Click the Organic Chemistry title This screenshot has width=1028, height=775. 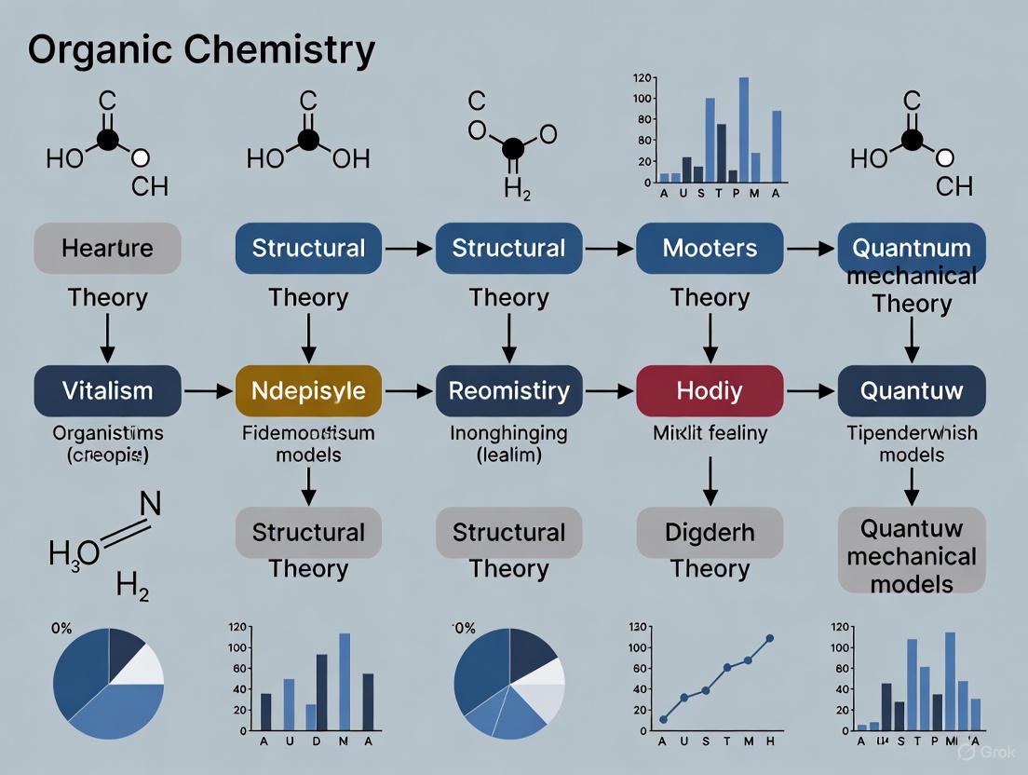tap(201, 49)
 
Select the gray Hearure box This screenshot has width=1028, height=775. tap(107, 248)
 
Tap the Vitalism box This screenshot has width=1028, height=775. tap(107, 390)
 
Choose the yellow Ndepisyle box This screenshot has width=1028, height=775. tap(308, 390)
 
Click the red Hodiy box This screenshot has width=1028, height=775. tap(710, 390)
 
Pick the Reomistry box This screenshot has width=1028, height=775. tap(508, 390)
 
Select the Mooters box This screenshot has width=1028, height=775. tap(710, 248)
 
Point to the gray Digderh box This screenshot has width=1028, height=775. tap(710, 533)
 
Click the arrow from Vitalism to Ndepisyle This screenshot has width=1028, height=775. tap(208, 391)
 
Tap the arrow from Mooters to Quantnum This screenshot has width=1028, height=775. tap(810, 249)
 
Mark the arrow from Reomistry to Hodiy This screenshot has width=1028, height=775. tap(609, 391)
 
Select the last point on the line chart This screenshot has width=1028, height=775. tap(770, 639)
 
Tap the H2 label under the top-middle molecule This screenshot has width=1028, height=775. tap(517, 189)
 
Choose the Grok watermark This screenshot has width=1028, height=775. tap(986, 751)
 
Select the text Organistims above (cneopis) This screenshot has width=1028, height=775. tap(107, 432)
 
